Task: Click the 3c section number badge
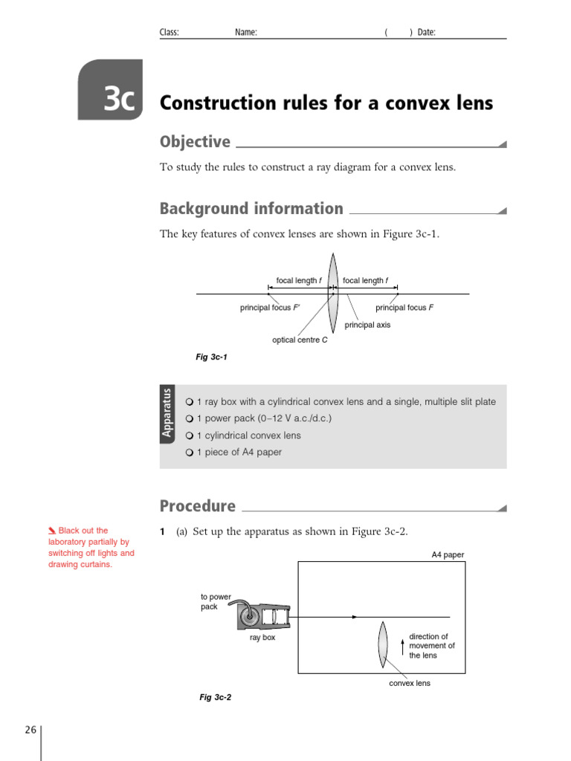coord(110,91)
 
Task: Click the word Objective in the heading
coord(195,142)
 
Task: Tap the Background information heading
coord(251,209)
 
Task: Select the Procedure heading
coord(197,506)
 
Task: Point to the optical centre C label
coord(300,340)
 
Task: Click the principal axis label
coord(367,325)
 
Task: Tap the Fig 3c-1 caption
coord(211,357)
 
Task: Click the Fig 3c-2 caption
coord(215,698)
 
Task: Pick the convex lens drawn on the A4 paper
coord(384,644)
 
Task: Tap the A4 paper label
coord(448,554)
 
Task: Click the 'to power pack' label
coord(216,601)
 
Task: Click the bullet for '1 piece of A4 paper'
coord(190,453)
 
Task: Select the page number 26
coord(30,730)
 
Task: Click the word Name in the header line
coord(246,33)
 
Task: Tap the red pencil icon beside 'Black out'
coord(51,531)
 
